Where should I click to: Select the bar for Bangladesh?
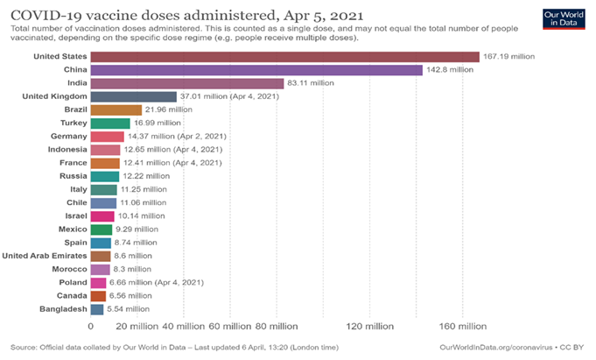[x=96, y=309]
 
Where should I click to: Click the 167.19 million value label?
[x=509, y=57]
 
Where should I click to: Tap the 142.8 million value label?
[x=450, y=70]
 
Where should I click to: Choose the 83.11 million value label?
[x=310, y=83]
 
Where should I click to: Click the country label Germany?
[x=68, y=137]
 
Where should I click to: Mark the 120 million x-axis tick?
[x=369, y=327]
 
